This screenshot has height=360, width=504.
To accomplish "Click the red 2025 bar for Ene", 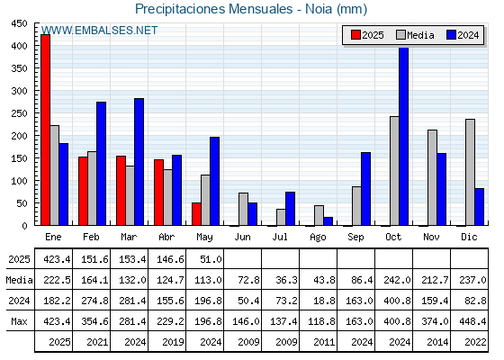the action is coord(45,130).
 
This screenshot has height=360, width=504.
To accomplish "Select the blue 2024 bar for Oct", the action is coord(404,136).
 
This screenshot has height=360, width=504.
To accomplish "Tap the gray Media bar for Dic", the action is coord(470,172).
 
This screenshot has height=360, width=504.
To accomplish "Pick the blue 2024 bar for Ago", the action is coord(328,221).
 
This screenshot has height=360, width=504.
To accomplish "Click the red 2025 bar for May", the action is coord(196,214).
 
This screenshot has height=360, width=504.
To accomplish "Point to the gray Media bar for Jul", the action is coord(281,217).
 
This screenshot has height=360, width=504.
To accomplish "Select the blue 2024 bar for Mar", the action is coord(139,162).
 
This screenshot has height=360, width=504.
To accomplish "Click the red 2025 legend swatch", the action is coord(355,35).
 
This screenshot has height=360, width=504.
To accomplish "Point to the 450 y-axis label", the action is coord(20,23).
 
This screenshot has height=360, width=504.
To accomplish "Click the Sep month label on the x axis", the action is coord(355,238).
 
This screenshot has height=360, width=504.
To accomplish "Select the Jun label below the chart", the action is coord(242,238).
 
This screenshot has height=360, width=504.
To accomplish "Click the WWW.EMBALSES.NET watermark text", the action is coord(99,31).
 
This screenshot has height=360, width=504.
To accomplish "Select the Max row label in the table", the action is coord(19,321).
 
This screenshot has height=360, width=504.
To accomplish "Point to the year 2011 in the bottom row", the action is coord(324,342).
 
